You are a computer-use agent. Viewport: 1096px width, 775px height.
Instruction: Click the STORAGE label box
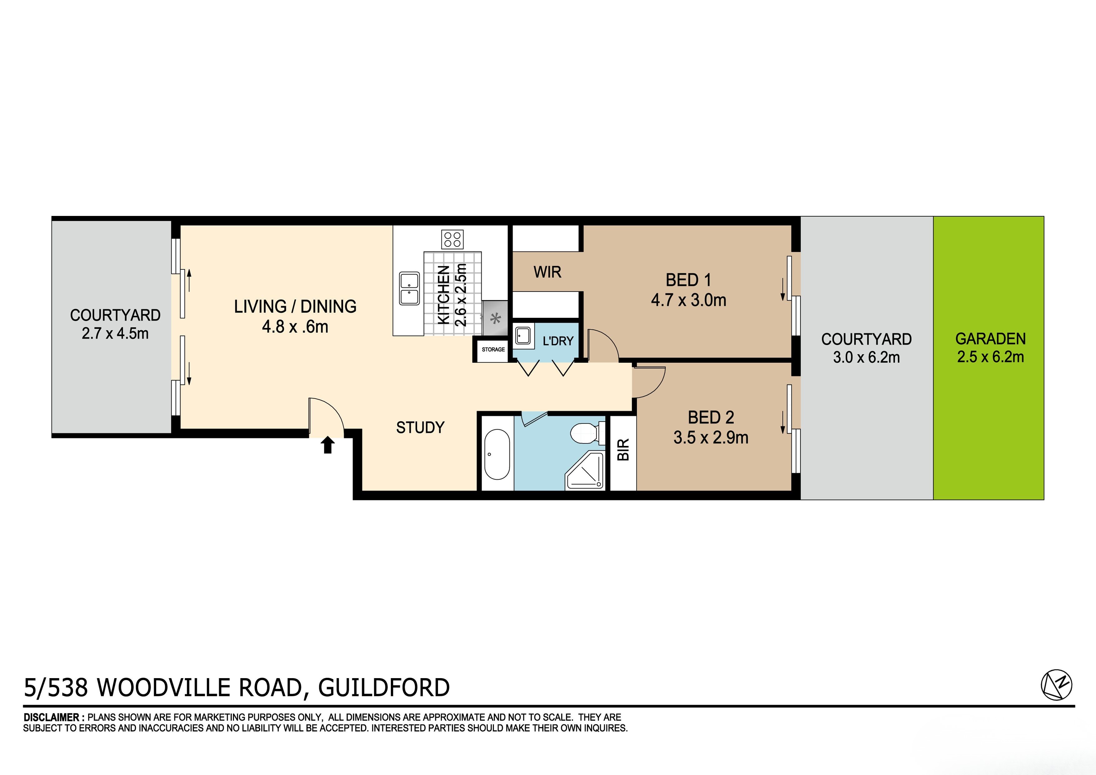493,350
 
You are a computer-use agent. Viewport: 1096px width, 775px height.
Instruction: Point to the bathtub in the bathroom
497,454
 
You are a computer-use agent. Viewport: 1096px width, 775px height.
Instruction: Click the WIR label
547,272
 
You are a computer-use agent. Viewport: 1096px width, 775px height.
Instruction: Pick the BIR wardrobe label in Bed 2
623,449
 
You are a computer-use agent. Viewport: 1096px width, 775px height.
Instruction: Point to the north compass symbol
1056,685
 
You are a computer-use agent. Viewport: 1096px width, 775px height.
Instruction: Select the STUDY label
420,427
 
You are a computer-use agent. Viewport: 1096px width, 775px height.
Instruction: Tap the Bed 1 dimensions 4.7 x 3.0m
688,300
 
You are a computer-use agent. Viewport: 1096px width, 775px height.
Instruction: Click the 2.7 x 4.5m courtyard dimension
115,333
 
